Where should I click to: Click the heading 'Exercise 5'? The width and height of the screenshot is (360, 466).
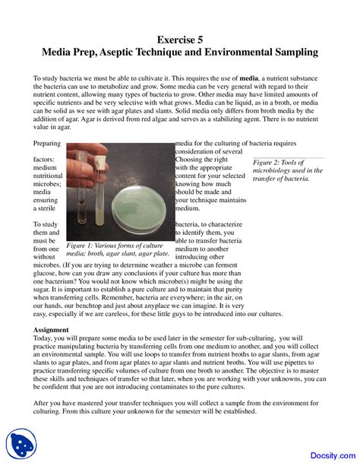180,40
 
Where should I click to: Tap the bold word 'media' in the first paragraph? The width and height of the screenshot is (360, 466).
248,78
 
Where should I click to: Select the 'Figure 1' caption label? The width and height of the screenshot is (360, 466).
81,246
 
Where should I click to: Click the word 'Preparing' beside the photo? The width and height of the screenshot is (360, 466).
48,143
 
